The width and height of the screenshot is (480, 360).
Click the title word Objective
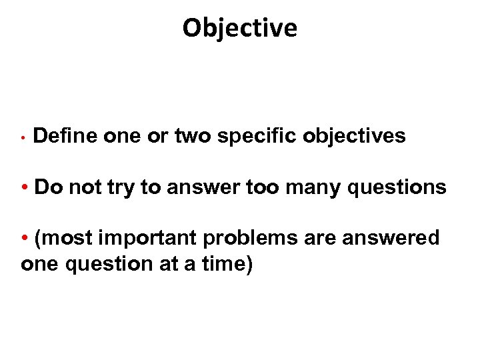240,28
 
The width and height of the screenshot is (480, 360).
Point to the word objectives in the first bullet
354,137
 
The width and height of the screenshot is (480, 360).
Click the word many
319,188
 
